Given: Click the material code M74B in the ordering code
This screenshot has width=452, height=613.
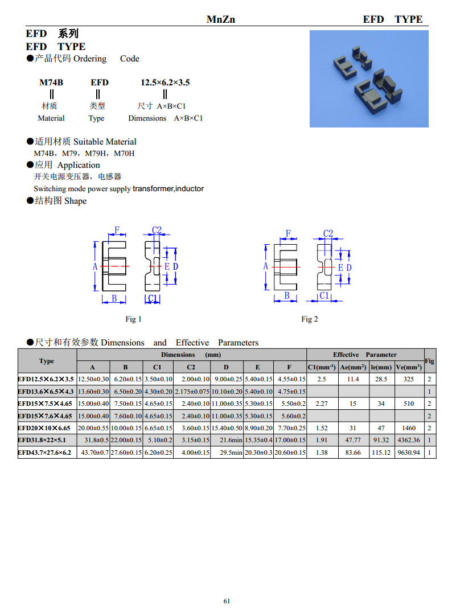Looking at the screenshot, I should coord(51,83).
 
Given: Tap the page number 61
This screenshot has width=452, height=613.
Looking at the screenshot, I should coord(227,601).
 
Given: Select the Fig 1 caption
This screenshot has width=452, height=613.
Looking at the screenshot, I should coord(133,319).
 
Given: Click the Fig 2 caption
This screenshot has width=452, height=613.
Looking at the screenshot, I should coord(310,319).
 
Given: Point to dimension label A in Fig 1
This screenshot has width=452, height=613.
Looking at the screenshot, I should coord(95,266).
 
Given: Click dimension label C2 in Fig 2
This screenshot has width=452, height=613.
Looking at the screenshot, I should coord(328,233).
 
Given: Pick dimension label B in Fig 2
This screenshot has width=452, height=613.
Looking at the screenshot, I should coord(287,295).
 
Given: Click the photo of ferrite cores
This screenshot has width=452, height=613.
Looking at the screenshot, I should coord(369,79).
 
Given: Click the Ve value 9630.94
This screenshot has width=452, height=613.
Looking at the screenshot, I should coord(409,452).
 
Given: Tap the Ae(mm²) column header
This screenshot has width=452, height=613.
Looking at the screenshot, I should coord(353,368).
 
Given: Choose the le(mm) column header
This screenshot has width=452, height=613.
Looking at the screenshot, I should coord(381,368).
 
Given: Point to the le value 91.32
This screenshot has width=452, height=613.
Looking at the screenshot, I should coord(381,440).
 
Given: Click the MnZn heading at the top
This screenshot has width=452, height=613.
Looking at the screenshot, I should coord(221,19).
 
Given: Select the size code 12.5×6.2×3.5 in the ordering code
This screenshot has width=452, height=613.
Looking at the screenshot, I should coord(165,83).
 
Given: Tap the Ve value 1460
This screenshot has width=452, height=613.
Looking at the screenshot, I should coord(409,428).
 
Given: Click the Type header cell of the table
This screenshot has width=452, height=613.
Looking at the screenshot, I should coord(47,361).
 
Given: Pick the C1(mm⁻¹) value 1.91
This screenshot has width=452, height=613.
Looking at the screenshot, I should coord(322,440).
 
